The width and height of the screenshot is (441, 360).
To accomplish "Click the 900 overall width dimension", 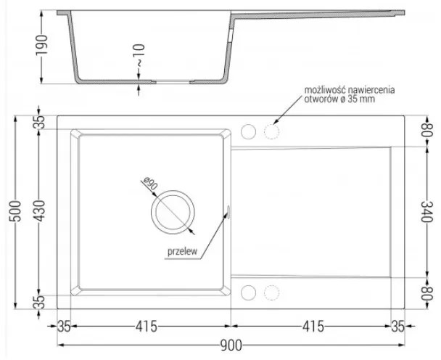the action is coord(231,345).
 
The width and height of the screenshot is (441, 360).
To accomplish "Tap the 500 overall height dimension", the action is coord(15,211).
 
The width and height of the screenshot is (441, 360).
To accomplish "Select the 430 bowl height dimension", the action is coord(40,211).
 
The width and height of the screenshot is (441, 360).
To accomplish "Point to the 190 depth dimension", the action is coord(41,45).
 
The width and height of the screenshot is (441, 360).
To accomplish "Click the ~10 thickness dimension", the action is coord(139,55).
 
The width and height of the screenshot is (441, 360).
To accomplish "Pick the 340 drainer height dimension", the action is coord(426,211).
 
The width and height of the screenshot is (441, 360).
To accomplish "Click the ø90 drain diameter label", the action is coord(150,183).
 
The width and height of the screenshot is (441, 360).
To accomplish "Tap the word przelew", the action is coord(183,251).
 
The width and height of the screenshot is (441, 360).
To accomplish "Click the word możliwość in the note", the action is coord(325,90).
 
